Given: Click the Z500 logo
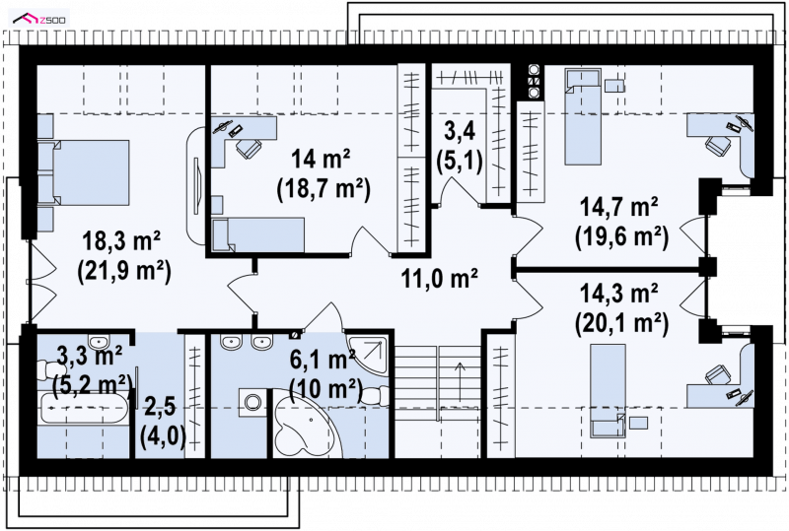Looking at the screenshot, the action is pyautogui.click(x=40, y=19).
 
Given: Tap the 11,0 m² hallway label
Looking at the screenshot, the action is pyautogui.click(x=439, y=278).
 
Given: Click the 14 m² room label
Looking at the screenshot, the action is pyautogui.click(x=322, y=160).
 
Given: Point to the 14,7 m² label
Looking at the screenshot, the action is pyautogui.click(x=619, y=207).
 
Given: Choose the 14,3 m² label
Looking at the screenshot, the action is pyautogui.click(x=619, y=294).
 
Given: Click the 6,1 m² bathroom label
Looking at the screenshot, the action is pyautogui.click(x=323, y=360).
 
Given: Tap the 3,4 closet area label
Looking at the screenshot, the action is pyautogui.click(x=460, y=132).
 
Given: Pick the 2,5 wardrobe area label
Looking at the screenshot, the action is pyautogui.click(x=161, y=406).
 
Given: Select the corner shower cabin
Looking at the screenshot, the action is pyautogui.click(x=368, y=356).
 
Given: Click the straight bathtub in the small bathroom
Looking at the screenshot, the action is pyautogui.click(x=83, y=408).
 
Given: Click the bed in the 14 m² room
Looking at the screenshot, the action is pyautogui.click(x=258, y=234).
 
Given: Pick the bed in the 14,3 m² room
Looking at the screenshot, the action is pyautogui.click(x=608, y=391).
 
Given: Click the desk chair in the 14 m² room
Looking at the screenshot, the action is pyautogui.click(x=249, y=148).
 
